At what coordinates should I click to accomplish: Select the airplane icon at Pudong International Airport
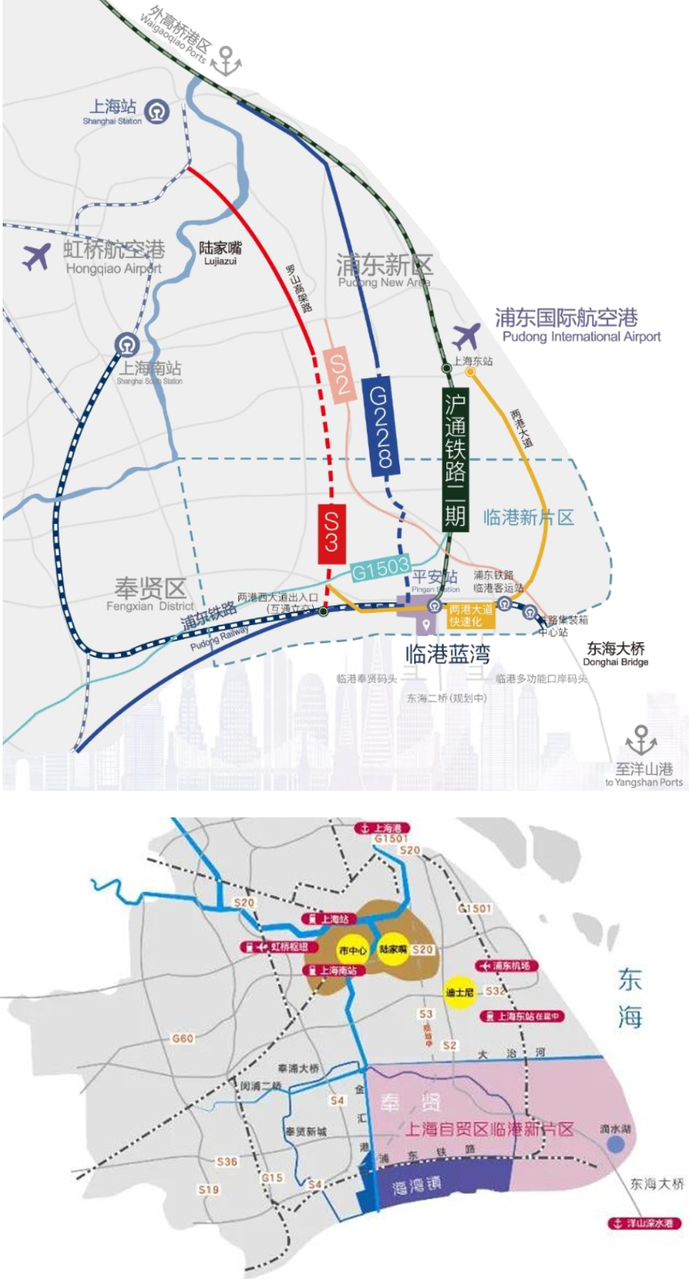466,336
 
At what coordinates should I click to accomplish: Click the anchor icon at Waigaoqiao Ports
231,60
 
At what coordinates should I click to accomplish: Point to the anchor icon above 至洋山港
641,740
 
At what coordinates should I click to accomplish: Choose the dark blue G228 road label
381,426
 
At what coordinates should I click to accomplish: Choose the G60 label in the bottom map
183,1038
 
